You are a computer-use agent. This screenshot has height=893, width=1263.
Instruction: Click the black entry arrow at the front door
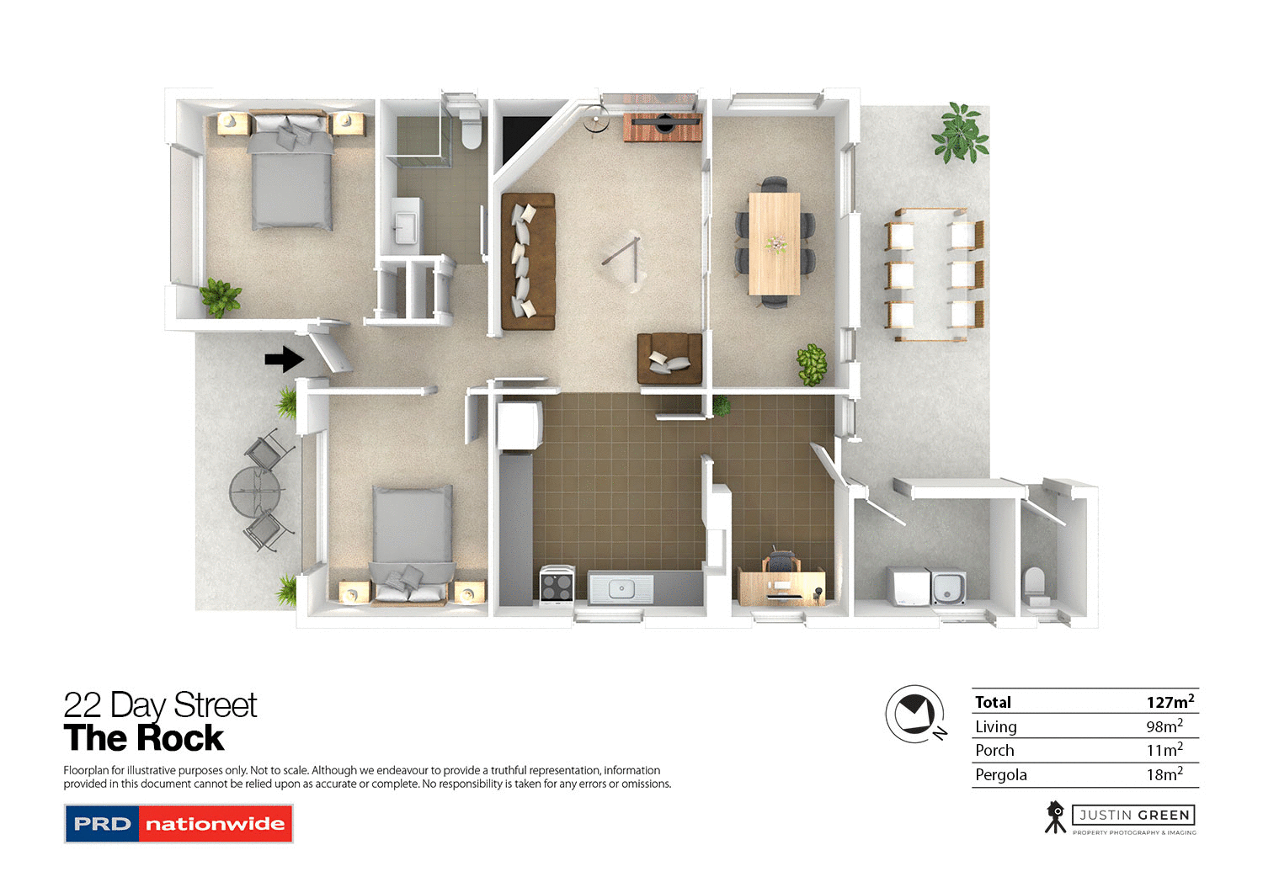coord(284,359)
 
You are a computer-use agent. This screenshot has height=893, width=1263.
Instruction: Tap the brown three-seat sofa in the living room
coord(528,261)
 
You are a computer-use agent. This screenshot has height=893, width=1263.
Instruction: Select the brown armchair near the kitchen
coord(669,359)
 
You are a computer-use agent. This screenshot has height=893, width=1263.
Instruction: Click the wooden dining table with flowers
coord(774,243)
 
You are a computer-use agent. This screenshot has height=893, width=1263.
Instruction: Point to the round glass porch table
coord(253,492)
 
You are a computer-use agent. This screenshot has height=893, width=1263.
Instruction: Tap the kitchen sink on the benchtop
coord(621,588)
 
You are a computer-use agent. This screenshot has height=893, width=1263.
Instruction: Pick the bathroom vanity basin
coord(406,223)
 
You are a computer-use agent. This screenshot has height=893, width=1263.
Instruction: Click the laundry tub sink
coord(948,587)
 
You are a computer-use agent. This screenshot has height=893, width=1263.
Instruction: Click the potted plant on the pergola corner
coord(960,132)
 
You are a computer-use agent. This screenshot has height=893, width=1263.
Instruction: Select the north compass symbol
coord(915,715)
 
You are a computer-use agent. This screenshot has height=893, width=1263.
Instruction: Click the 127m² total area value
coord(1170,701)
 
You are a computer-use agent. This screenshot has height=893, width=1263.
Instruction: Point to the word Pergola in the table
coord(1000,774)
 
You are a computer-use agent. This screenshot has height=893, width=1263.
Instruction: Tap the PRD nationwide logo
coord(179,824)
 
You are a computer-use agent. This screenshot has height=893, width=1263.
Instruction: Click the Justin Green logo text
coord(1134,815)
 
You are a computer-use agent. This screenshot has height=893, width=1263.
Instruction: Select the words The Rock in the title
coord(144,738)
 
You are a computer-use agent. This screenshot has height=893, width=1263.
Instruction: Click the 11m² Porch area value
coord(1164,750)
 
